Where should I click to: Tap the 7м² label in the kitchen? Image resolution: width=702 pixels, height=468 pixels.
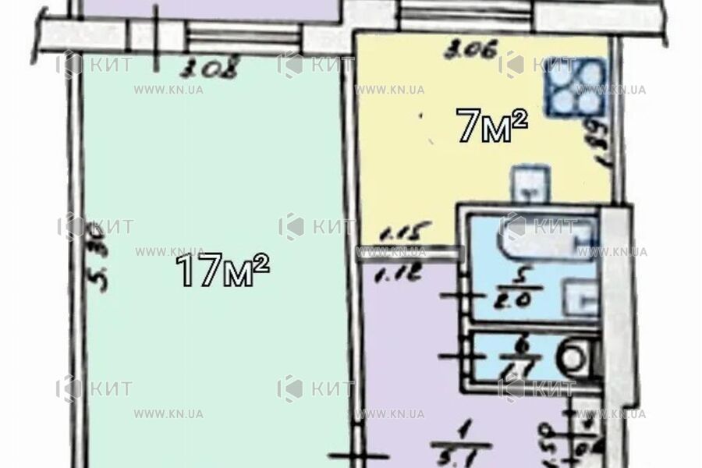pyautogui.click(x=493, y=126)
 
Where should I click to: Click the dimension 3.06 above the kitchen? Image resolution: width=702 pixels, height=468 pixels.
pyautogui.click(x=459, y=52)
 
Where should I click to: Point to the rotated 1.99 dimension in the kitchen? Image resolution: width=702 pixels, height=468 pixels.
pyautogui.click(x=601, y=141)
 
